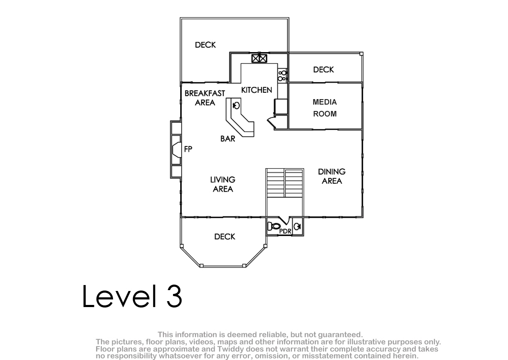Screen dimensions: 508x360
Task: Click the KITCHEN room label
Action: pos(257,90)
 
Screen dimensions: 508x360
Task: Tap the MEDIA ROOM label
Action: pos(325,108)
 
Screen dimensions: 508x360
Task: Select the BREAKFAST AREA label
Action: pos(205,98)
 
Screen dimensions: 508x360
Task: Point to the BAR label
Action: pos(228,138)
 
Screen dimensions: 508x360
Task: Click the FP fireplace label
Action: pos(188,149)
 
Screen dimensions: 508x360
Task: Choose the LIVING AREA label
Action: pos(223,184)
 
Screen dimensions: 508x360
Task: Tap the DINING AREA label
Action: pos(332,176)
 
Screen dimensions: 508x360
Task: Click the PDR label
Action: pos(285,231)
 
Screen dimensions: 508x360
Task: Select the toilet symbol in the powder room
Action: pos(274,226)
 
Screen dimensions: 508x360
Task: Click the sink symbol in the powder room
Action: pos(298,227)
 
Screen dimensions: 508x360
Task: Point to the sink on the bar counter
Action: pos(236,106)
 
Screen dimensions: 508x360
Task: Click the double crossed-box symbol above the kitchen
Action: pos(259,58)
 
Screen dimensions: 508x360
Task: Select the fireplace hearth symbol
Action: pos(177,150)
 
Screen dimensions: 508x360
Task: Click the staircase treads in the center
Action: pos(284,183)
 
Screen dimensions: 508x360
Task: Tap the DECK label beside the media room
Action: pos(323,69)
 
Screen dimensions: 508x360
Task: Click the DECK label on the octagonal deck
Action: pos(224,237)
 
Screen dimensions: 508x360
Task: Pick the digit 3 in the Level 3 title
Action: pos(174,296)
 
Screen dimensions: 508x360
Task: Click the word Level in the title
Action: pos(119,296)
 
